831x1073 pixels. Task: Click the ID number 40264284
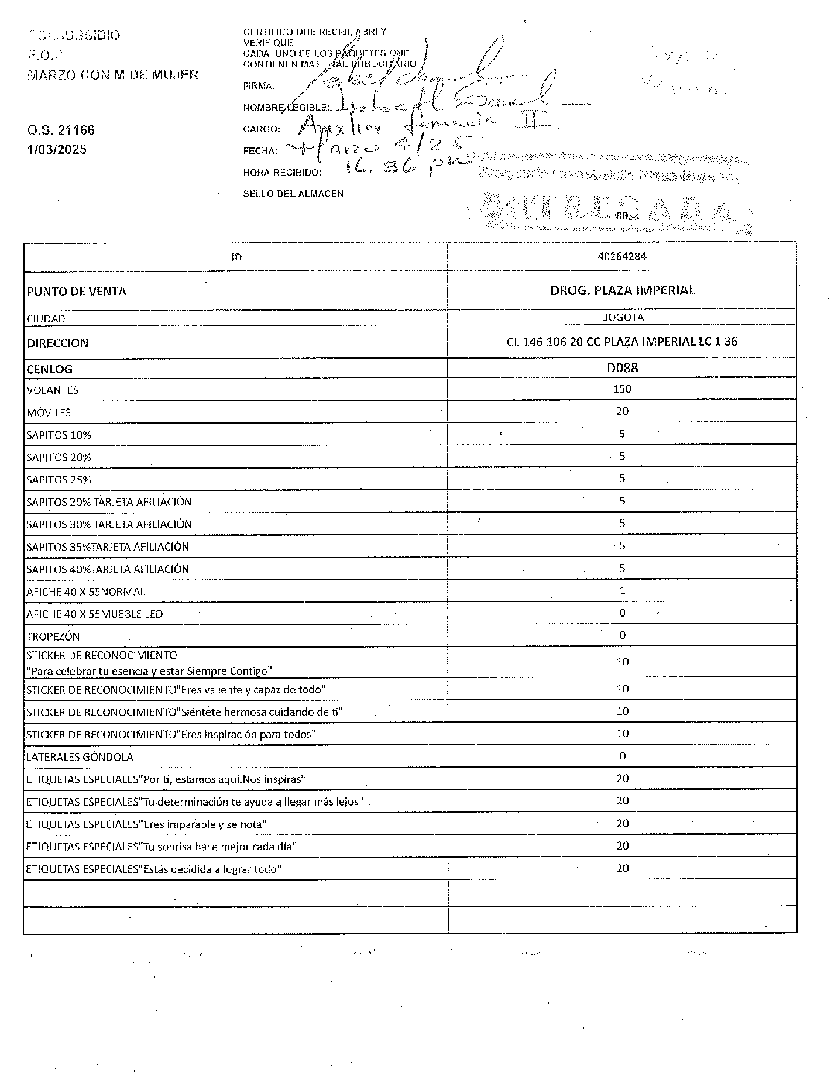pos(622,256)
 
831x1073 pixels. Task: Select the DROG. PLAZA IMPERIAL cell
pos(622,290)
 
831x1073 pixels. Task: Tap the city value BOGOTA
pos(622,317)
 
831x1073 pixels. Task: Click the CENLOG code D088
pos(622,368)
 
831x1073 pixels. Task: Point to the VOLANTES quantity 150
pos(622,389)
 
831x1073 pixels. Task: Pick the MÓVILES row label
pos(49,412)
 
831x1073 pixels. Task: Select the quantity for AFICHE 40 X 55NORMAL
pos(622,591)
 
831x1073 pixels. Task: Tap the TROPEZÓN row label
pos(53,637)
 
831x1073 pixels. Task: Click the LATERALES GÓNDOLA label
pos(80,757)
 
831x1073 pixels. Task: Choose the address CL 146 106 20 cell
pos(621,342)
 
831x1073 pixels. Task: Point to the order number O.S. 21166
pos(60,130)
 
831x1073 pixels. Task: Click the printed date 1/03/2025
pos(57,150)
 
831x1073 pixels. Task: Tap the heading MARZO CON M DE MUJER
pos(113,75)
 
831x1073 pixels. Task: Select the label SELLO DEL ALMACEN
pos(293,194)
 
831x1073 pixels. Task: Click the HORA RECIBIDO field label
pos(282,173)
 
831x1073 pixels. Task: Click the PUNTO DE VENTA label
pos(76,291)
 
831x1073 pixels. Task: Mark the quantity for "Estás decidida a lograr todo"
pos(622,868)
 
